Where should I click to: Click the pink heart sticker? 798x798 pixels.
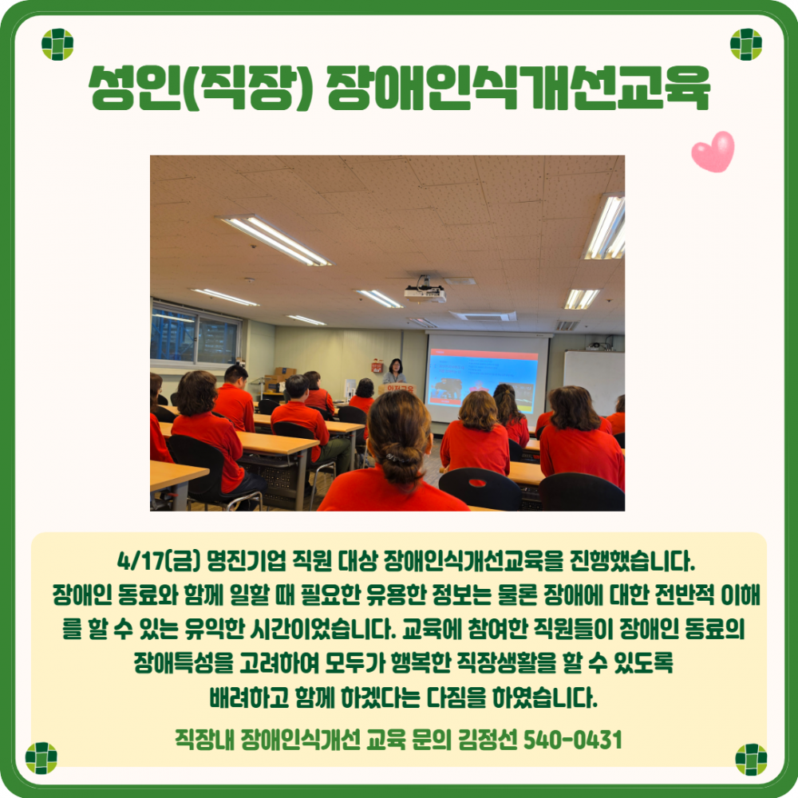pos(713,152)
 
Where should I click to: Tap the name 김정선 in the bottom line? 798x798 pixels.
pos(489,739)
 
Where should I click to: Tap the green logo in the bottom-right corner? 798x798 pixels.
pos(750,759)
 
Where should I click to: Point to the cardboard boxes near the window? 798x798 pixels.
pos(283,374)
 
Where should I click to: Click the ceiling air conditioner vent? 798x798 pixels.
pos(482,315)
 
